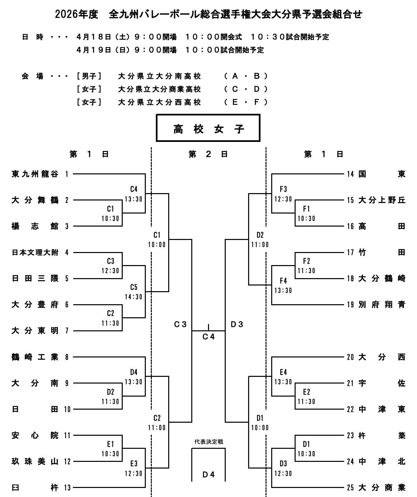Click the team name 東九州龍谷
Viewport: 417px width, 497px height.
point(35,174)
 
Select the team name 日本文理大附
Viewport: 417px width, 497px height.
point(35,252)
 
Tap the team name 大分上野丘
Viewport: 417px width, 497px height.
point(382,200)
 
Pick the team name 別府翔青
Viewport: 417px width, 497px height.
point(382,305)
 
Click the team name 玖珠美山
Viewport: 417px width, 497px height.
point(35,462)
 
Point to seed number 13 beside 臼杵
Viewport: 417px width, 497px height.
point(68,488)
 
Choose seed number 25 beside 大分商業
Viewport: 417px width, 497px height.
point(350,488)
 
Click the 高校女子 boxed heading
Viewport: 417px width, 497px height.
point(208,129)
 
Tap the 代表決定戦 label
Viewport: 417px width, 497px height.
point(208,442)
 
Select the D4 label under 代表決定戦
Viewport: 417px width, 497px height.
point(208,474)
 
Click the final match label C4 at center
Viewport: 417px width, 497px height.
point(208,337)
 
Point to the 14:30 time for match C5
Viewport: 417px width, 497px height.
point(134,297)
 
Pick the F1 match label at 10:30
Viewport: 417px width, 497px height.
point(306,209)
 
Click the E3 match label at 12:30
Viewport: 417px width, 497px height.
point(134,464)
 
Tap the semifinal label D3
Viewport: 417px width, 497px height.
point(237,324)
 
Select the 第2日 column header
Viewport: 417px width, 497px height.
point(208,154)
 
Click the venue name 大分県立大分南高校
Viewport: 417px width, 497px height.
point(160,76)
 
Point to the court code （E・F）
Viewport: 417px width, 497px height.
point(246,102)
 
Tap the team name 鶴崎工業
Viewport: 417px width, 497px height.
point(35,357)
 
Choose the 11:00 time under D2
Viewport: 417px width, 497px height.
point(260,245)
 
